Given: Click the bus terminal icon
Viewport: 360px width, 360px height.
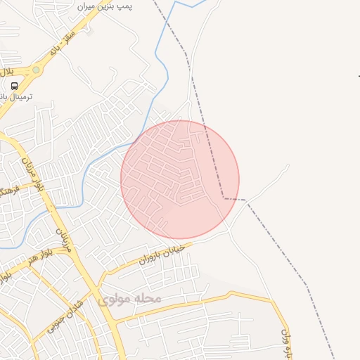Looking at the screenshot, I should (x=15, y=86).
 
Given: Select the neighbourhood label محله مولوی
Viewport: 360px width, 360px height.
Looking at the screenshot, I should (x=129, y=299).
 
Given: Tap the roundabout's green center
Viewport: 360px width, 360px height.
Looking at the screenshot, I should (x=36, y=70).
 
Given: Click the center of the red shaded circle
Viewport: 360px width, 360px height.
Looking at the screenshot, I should (x=180, y=179).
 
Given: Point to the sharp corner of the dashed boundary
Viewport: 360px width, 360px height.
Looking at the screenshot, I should (x=224, y=198).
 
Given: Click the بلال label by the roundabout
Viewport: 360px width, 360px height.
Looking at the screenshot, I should (x=6, y=72).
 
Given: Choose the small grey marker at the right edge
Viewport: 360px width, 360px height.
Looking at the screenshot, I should (x=359, y=76).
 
